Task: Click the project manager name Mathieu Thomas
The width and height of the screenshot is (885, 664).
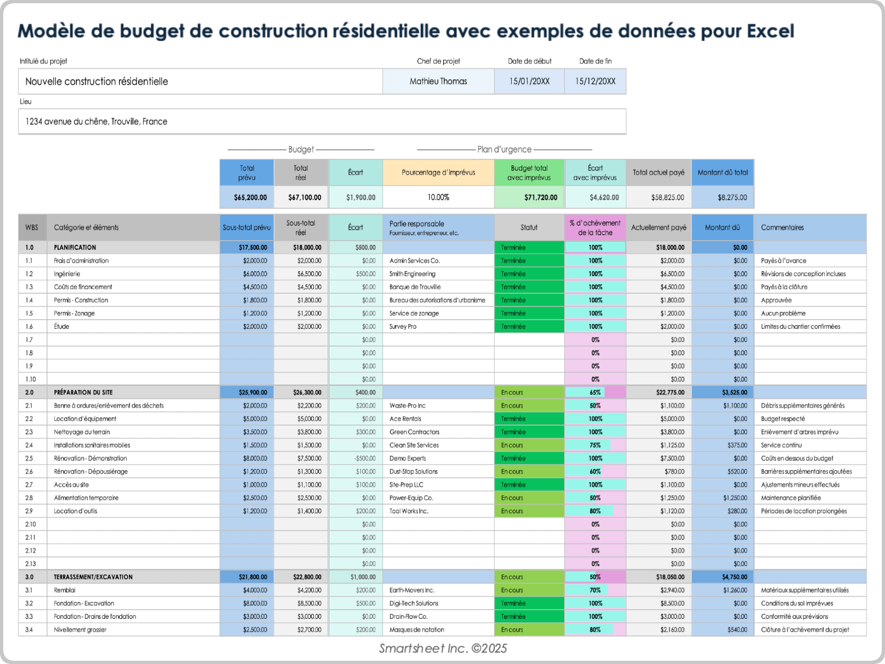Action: click(x=438, y=81)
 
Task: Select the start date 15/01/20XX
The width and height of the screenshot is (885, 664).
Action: click(x=529, y=81)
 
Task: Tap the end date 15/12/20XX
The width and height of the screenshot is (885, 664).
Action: click(x=595, y=81)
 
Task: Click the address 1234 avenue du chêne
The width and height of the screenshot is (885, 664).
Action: click(x=96, y=122)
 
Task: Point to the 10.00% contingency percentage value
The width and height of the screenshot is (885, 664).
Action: click(x=438, y=197)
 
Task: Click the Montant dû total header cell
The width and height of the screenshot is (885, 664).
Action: click(x=722, y=172)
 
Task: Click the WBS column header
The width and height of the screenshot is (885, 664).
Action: click(x=32, y=227)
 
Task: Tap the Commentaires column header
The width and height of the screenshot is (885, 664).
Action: click(x=782, y=227)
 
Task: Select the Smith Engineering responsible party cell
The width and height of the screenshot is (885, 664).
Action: click(x=412, y=274)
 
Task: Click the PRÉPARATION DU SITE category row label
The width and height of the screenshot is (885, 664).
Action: click(x=83, y=392)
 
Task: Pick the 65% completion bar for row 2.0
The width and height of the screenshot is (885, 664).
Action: click(x=595, y=392)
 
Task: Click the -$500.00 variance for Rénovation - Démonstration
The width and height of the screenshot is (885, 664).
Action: click(x=365, y=458)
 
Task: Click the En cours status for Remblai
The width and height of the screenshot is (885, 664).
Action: click(x=512, y=590)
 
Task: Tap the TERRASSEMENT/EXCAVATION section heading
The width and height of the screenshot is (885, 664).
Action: click(x=93, y=577)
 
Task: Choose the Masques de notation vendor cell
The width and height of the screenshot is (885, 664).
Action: click(x=417, y=630)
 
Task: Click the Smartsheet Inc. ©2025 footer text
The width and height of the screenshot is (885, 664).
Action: click(x=442, y=648)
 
